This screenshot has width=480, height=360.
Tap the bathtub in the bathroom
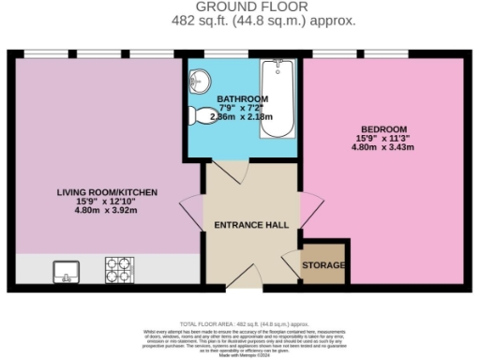(277, 98)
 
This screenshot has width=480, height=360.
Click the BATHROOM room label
(242, 99)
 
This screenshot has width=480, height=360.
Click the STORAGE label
(323, 266)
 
